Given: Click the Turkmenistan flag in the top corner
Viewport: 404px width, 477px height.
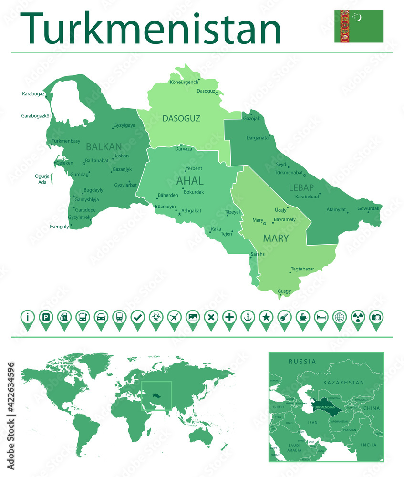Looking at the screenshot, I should (x=359, y=26).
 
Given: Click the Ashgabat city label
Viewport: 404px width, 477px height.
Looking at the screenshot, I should (x=191, y=210).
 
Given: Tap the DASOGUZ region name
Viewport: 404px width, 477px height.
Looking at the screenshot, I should (x=181, y=118).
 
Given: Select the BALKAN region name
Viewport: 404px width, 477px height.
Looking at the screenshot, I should (x=104, y=147).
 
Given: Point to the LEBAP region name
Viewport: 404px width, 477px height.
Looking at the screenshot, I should (x=301, y=187).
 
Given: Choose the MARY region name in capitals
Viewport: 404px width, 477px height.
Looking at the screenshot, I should (x=276, y=238).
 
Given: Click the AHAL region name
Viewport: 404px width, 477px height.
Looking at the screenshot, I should (x=190, y=181).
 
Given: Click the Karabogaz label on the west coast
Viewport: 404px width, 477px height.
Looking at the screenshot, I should (x=33, y=94).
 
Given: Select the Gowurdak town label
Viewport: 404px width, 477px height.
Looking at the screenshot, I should (x=369, y=208).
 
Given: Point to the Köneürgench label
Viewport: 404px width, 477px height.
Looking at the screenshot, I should (x=184, y=82).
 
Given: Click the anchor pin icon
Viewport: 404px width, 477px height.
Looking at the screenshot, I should (x=248, y=317).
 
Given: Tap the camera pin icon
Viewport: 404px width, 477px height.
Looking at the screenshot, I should (x=376, y=317).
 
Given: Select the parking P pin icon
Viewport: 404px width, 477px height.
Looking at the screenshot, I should (x=46, y=317).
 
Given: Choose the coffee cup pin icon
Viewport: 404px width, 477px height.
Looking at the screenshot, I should (x=303, y=317).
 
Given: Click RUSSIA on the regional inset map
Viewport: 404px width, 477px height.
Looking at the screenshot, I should (x=302, y=362).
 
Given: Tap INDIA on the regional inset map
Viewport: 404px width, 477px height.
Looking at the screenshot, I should (x=368, y=445).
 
